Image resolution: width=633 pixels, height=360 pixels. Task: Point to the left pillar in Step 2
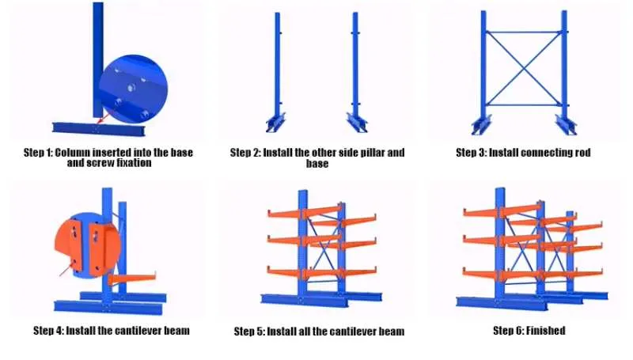[x=278, y=71]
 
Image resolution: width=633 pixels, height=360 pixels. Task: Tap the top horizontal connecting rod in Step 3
[x=525, y=32]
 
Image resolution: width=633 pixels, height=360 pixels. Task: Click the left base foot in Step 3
[x=481, y=125]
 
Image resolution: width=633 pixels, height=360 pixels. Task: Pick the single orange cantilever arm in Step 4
[x=135, y=278]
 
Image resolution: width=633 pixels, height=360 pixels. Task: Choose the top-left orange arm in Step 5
[x=284, y=212]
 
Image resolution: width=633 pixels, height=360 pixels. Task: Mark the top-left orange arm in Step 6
[x=479, y=211]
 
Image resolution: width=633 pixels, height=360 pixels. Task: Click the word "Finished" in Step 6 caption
[x=546, y=330]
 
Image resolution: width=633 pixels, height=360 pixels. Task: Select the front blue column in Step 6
[x=499, y=245]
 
